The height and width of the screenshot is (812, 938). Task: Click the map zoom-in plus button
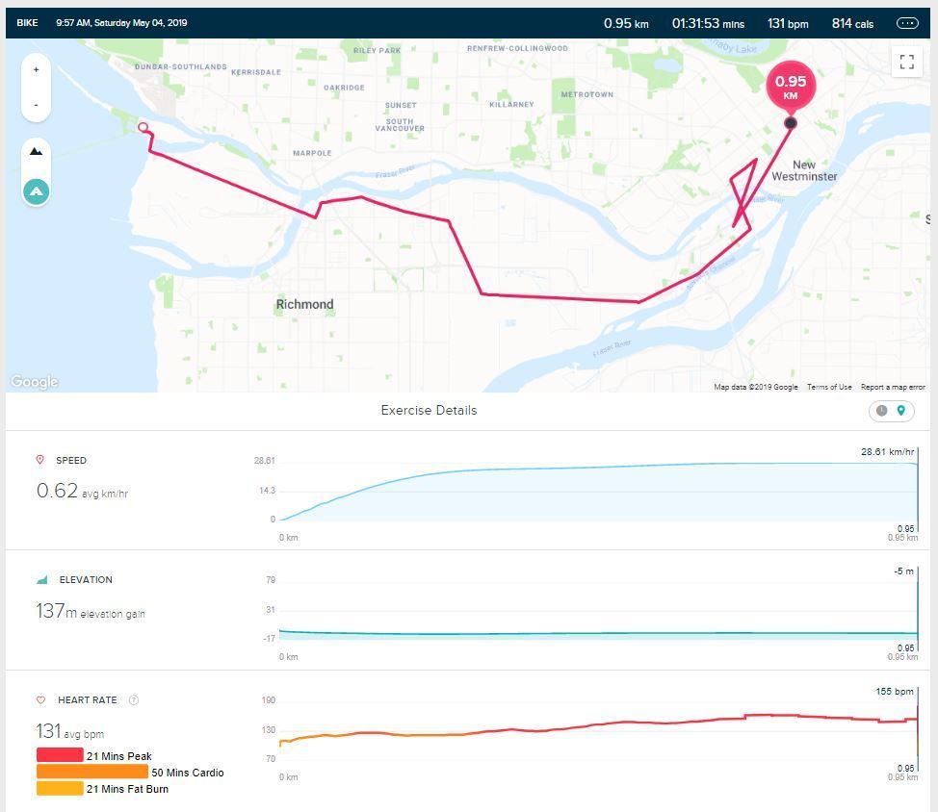pyautogui.click(x=36, y=69)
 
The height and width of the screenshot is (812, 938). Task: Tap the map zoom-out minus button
pyautogui.click(x=36, y=104)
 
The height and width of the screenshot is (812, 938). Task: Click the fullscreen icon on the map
pyautogui.click(x=906, y=62)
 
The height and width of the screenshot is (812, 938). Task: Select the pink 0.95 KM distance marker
pyautogui.click(x=791, y=86)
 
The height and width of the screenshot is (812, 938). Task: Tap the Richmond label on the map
pyautogui.click(x=304, y=304)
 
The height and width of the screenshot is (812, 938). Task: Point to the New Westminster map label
pyautogui.click(x=804, y=170)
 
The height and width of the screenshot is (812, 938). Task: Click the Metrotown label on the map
pyautogui.click(x=586, y=94)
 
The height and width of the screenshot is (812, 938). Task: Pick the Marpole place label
pyautogui.click(x=312, y=153)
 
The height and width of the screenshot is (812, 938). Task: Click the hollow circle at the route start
pyautogui.click(x=143, y=127)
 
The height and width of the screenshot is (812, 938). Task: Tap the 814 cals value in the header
pyautogui.click(x=852, y=23)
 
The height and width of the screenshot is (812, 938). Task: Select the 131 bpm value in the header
pyautogui.click(x=787, y=23)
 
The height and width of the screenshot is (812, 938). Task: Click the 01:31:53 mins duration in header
pyautogui.click(x=708, y=23)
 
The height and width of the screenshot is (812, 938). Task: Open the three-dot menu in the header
pyautogui.click(x=907, y=23)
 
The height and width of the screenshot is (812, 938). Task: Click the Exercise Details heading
pyautogui.click(x=429, y=410)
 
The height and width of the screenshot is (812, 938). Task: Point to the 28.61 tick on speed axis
pyautogui.click(x=265, y=461)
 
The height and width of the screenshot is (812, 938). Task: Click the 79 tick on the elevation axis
pyautogui.click(x=271, y=580)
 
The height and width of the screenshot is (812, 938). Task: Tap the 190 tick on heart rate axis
pyautogui.click(x=269, y=700)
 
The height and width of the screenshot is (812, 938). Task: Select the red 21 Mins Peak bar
pyautogui.click(x=60, y=756)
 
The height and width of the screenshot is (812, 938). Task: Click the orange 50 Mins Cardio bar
pyautogui.click(x=92, y=773)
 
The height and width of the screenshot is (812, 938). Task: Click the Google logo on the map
pyautogui.click(x=35, y=382)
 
